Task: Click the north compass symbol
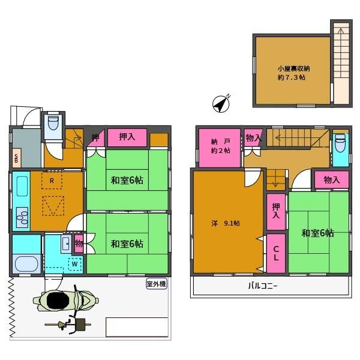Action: (x=221, y=104)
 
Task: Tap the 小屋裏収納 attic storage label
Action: (x=292, y=72)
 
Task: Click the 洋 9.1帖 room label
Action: (x=226, y=223)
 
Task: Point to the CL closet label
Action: (x=275, y=254)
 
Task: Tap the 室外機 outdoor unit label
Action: (x=156, y=284)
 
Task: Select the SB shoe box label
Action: (x=16, y=160)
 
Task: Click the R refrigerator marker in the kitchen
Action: (x=53, y=179)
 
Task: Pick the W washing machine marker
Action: (x=75, y=263)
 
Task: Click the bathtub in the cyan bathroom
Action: (x=25, y=263)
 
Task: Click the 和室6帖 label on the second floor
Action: (x=317, y=233)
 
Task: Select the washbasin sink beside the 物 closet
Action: (x=65, y=243)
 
